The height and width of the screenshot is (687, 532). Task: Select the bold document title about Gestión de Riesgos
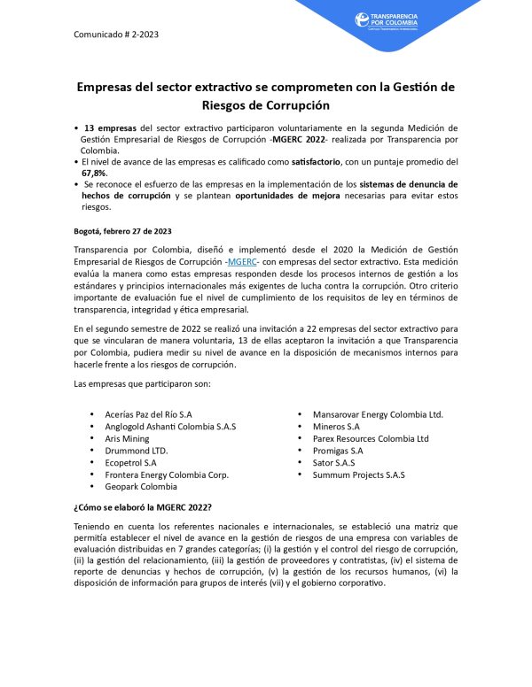265,96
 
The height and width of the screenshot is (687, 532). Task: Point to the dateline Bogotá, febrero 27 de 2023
123,231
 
